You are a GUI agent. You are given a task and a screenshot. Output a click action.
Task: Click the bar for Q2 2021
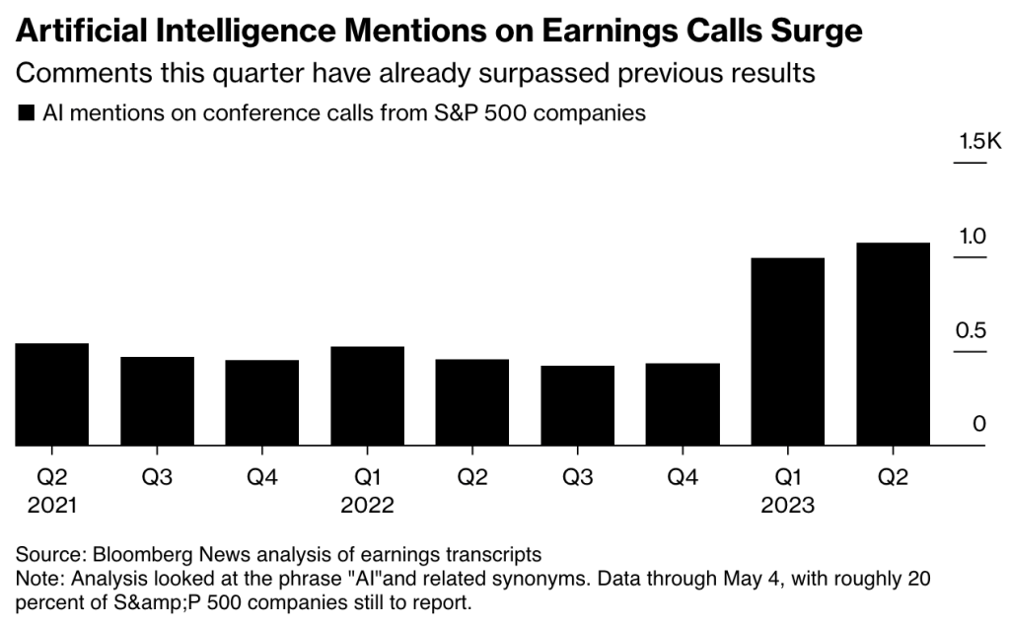tap(52, 394)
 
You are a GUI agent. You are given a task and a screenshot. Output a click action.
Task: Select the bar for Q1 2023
tap(787, 352)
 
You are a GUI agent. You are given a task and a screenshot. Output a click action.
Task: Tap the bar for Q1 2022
tap(367, 396)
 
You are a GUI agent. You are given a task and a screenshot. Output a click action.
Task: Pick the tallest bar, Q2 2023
tap(893, 344)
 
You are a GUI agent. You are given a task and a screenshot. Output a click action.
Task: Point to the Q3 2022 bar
tap(577, 405)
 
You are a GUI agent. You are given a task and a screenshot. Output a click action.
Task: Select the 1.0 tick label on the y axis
tap(973, 237)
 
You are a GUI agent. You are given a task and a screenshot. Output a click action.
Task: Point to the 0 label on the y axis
tap(979, 424)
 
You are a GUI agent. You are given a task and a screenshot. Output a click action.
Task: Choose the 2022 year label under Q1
tap(367, 506)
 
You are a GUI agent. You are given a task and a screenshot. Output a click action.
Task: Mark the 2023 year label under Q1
tap(787, 506)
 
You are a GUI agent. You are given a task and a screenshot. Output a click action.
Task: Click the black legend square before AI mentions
tap(27, 113)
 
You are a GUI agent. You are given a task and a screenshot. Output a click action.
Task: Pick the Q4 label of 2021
tap(261, 477)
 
